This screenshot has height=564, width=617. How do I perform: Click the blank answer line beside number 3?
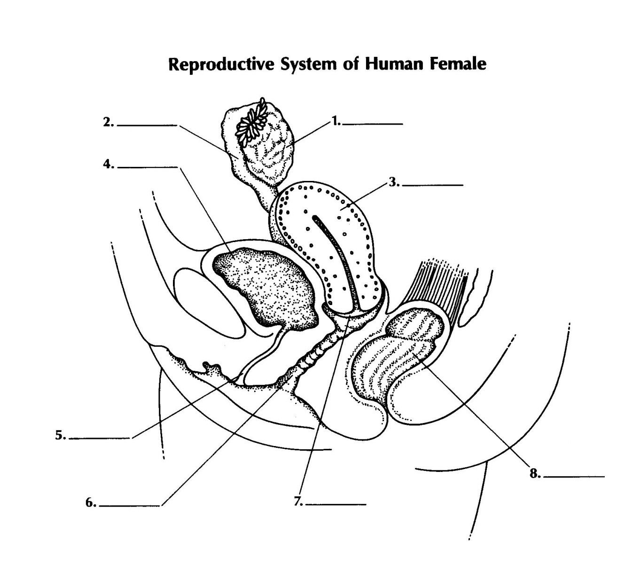pyautogui.click(x=433, y=186)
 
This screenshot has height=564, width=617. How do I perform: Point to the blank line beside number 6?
pyautogui.click(x=130, y=506)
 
